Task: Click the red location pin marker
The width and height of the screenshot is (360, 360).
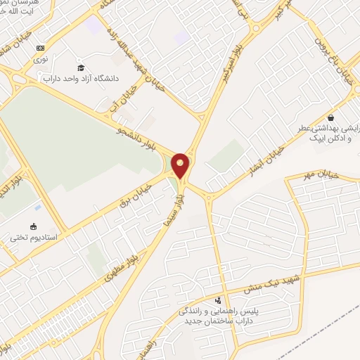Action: [181, 165]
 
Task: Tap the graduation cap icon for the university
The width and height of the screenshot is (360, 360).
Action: [82, 66]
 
